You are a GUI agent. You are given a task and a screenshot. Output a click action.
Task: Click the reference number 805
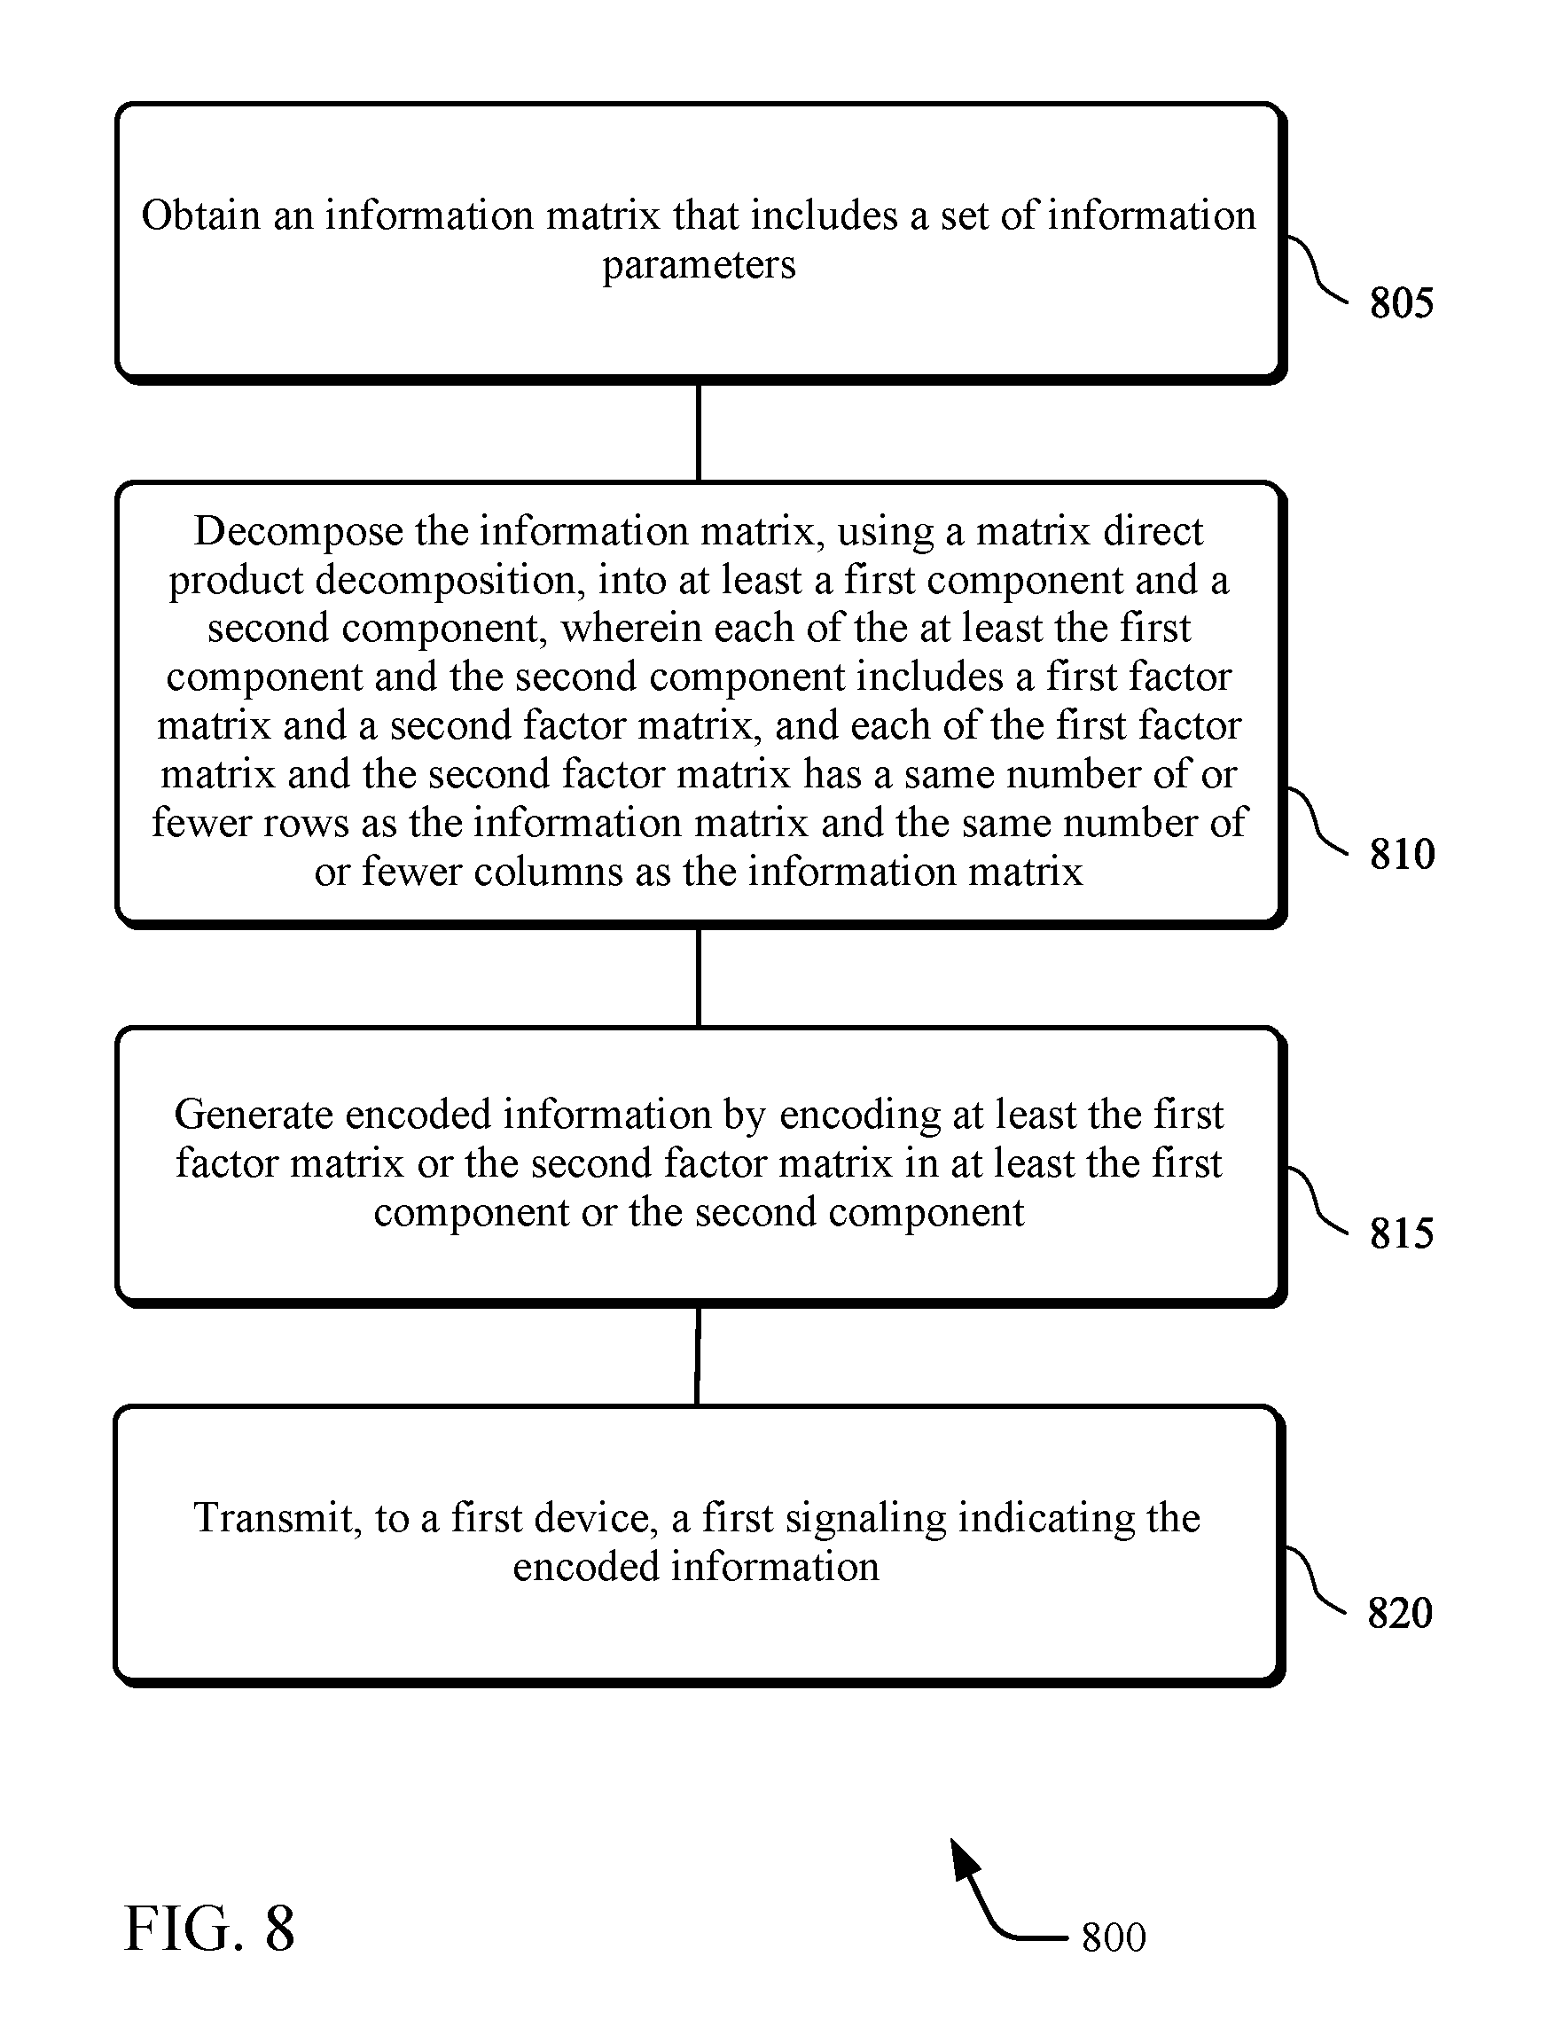(x=1402, y=303)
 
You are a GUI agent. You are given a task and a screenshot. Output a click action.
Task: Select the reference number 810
(x=1403, y=853)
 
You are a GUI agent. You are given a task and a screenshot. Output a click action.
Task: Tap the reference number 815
(x=1402, y=1233)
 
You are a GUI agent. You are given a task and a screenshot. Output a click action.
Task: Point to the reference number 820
(x=1399, y=1613)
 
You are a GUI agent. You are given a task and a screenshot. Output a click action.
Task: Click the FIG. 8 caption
(x=209, y=1929)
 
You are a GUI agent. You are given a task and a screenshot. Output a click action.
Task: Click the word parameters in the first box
(x=700, y=266)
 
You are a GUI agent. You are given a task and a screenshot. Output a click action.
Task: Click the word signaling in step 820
(x=865, y=1518)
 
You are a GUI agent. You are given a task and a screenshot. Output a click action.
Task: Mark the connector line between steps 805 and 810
(x=699, y=432)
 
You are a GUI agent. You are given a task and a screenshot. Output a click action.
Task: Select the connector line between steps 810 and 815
(x=699, y=976)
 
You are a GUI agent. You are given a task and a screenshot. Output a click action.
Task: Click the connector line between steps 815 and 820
(x=698, y=1356)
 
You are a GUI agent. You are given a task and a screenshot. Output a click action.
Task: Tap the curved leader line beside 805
(x=1316, y=269)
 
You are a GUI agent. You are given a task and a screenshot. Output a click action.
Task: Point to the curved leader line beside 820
(x=1315, y=1578)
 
